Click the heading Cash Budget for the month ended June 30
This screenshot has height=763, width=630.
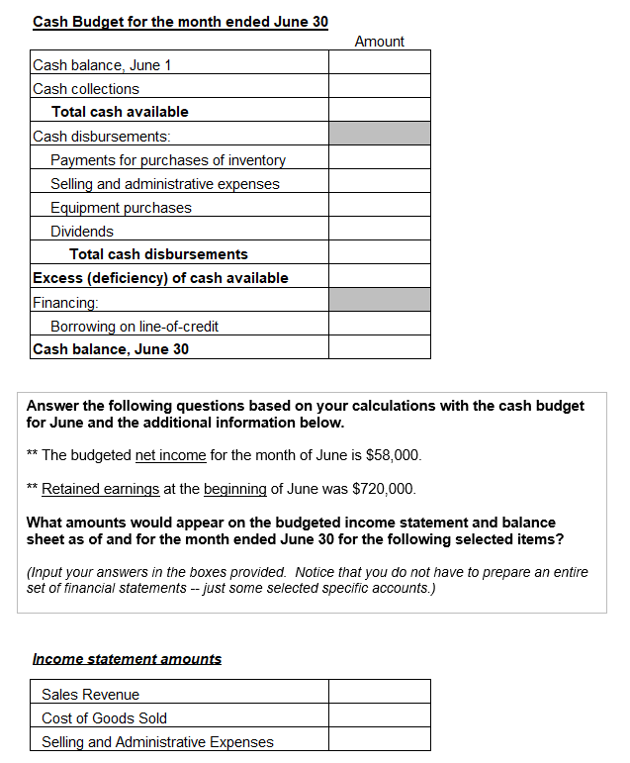[x=180, y=21]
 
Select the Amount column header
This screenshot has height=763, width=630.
[x=379, y=42]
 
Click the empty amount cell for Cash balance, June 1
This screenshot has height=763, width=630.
[x=379, y=64]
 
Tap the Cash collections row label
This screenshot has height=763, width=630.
[x=86, y=89]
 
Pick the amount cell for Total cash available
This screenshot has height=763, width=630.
[x=379, y=112]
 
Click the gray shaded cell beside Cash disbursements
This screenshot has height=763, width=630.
[x=379, y=135]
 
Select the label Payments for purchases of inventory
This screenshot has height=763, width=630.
[x=168, y=160]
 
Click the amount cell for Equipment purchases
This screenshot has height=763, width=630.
[x=379, y=207]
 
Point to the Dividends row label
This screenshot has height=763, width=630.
[x=82, y=232]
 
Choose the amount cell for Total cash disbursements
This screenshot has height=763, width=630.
[x=379, y=254]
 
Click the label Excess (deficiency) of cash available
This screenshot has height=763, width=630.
[x=160, y=278]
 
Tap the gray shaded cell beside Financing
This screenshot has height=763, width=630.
[x=379, y=301]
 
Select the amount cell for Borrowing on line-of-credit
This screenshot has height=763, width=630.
[x=379, y=325]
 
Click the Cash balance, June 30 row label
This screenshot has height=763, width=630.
[x=111, y=349]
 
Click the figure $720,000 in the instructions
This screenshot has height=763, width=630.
[x=385, y=489]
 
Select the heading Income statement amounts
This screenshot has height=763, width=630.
[x=127, y=659]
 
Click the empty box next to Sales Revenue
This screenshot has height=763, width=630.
[x=379, y=694]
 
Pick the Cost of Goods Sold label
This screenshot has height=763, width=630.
[x=104, y=718]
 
